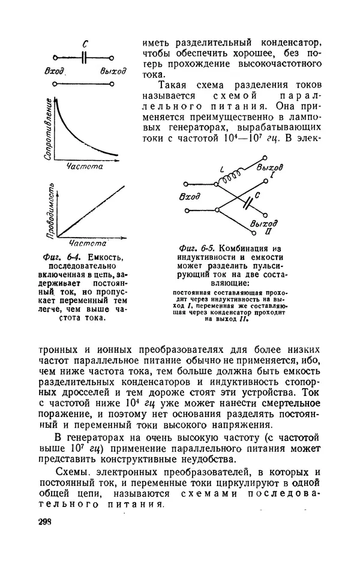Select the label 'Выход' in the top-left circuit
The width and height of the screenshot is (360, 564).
(x=113, y=71)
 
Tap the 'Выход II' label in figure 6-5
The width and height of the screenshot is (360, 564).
(x=264, y=226)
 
